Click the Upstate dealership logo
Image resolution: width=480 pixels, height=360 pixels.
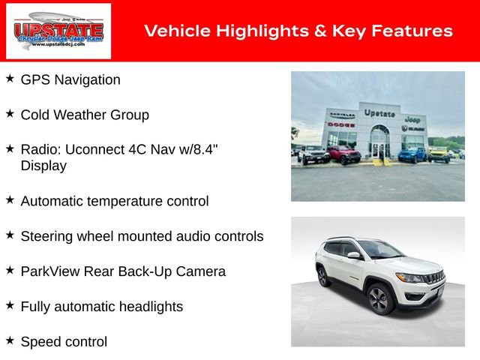pos(58,31)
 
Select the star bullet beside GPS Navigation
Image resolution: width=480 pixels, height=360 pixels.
pos(10,78)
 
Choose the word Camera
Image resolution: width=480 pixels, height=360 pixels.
pos(201,271)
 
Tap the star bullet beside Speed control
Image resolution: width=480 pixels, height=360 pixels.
pos(10,340)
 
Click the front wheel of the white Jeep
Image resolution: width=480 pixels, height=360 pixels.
pos(378,299)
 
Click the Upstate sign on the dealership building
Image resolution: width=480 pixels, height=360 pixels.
pos(379,113)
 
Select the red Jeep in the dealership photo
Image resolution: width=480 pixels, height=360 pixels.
pos(343,154)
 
